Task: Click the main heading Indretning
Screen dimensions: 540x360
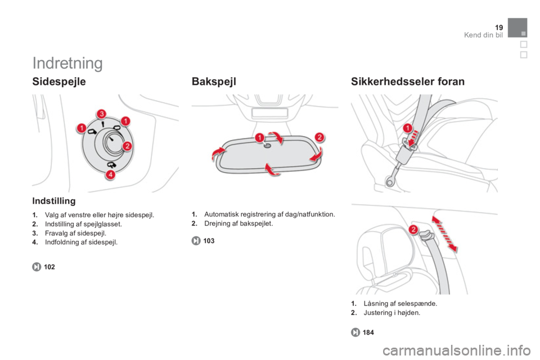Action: pos(67,63)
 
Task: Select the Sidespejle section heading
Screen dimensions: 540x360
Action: pos(59,82)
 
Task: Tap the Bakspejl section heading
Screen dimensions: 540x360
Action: pos(214,82)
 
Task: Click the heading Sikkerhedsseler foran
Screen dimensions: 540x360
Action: pos(408,82)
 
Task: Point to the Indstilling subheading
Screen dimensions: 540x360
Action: pos(54,201)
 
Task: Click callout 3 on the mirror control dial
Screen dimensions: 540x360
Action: pos(101,114)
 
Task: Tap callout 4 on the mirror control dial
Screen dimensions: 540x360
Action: pos(111,175)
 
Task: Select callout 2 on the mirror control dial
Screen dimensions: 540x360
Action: pos(127,146)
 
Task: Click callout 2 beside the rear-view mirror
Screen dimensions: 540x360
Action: pos(319,137)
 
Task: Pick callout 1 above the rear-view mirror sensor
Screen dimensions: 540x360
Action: pos(260,138)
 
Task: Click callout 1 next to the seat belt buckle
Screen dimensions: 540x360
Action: pos(408,128)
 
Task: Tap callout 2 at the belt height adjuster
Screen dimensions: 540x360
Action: pos(413,229)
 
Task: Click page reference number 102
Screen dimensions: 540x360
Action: pos(49,267)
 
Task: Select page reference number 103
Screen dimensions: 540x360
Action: pos(209,241)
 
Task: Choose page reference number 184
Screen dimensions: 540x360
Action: pos(368,332)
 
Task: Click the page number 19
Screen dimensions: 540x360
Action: pos(499,28)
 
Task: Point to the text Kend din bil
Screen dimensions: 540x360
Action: pos(484,35)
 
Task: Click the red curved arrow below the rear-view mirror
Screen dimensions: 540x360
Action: pos(272,170)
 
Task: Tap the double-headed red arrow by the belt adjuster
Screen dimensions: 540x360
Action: pos(444,234)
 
